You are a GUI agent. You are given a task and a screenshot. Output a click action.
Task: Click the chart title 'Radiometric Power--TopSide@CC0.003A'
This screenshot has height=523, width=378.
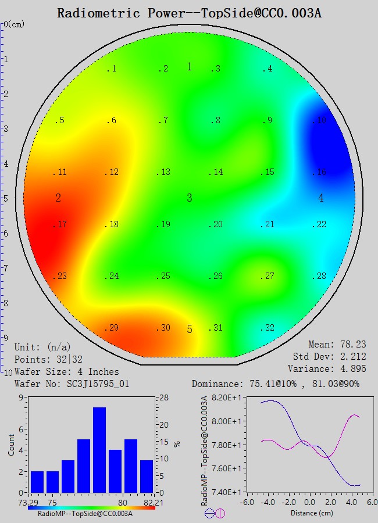click(x=189, y=13)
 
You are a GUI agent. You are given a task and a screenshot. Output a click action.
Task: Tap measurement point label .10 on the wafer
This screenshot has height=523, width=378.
click(x=319, y=121)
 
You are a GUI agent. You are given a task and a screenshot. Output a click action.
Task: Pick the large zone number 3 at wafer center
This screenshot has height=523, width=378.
click(x=190, y=198)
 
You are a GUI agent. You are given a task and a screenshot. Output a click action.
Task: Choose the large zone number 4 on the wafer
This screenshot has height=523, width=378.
click(x=321, y=198)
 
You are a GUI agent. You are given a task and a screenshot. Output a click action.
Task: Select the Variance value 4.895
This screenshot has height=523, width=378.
click(x=352, y=369)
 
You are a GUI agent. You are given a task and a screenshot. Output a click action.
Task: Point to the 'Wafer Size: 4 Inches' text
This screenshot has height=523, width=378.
click(x=66, y=371)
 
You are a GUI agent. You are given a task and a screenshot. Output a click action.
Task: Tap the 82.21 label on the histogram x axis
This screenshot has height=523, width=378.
click(x=146, y=501)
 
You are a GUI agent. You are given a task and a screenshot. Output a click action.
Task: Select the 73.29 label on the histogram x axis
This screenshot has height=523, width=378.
click(x=28, y=501)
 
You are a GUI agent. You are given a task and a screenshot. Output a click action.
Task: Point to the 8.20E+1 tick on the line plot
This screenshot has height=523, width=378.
click(x=222, y=397)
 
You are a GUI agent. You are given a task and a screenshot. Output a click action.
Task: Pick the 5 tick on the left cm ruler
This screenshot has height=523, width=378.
click(x=5, y=198)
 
